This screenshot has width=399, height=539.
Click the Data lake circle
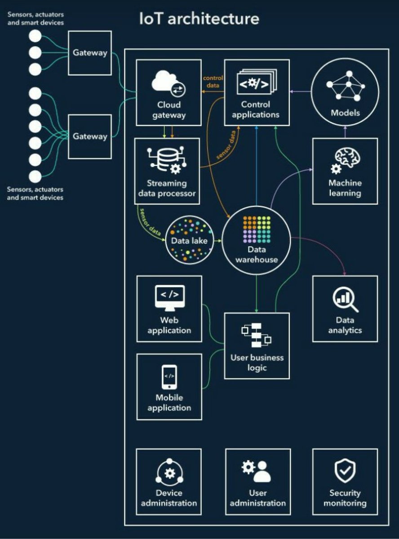[x=189, y=240]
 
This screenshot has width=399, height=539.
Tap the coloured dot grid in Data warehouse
[x=257, y=229]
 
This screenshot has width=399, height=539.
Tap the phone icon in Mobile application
[x=169, y=376]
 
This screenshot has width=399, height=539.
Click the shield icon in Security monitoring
[x=345, y=471]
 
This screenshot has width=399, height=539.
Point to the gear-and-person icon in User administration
[x=257, y=471]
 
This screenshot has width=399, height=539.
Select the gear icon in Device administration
[x=169, y=473]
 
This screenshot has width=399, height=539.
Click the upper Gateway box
[x=90, y=53]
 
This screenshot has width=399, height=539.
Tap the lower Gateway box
[x=90, y=136]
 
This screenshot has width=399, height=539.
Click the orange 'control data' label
[x=213, y=81]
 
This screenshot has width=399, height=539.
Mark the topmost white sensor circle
[x=35, y=36]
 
